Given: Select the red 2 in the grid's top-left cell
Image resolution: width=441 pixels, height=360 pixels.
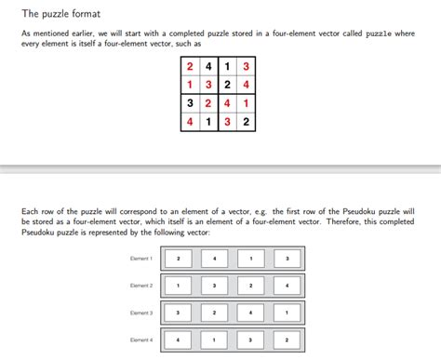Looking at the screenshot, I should point(191,67).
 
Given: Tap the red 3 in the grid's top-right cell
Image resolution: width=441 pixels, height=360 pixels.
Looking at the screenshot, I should point(246,67).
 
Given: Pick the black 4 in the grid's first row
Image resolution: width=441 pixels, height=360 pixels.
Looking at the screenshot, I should point(209,67).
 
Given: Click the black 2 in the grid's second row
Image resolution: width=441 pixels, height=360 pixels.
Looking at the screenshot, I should point(228,85).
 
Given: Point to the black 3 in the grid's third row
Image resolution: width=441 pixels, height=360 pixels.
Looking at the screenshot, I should point(191,103).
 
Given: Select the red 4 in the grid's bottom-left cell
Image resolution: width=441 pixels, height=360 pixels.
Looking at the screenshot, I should point(191,121).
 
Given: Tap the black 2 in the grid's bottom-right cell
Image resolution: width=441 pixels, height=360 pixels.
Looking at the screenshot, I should point(246,121).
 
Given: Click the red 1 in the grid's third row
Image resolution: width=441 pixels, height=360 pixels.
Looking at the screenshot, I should point(246,103).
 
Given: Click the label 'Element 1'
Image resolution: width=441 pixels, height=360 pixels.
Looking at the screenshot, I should point(141,258).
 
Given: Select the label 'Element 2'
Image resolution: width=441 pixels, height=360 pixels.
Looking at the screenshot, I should point(141,286).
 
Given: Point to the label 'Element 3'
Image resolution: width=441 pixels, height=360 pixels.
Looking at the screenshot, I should point(141,313).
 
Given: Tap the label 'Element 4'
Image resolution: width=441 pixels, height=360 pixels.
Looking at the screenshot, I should point(141,340).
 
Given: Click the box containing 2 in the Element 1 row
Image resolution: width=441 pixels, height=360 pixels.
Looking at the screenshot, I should point(178,258).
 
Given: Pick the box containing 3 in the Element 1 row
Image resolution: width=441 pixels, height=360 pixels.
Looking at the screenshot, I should point(287,258).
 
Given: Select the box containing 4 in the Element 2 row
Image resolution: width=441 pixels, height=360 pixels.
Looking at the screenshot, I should point(287,286).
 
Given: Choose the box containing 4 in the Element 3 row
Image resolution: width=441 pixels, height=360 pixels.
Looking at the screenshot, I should point(250,313).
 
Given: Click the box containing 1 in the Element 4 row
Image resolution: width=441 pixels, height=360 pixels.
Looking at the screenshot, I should point(214,340).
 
